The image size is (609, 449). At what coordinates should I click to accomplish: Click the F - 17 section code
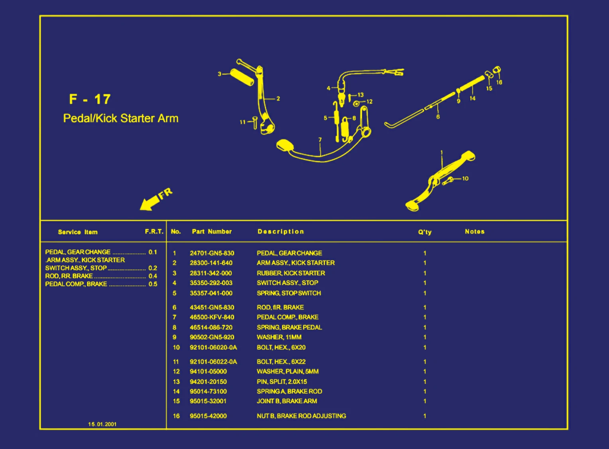coord(90,99)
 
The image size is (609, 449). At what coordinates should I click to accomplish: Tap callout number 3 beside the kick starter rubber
coord(219,74)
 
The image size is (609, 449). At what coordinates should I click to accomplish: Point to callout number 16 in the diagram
coord(499,82)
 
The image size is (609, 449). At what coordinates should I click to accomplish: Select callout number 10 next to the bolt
coord(465,178)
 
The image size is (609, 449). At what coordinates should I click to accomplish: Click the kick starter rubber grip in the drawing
coord(242,77)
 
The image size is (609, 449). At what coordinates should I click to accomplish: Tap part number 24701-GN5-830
coord(212,253)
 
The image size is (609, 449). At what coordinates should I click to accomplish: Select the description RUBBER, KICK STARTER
coord(291,273)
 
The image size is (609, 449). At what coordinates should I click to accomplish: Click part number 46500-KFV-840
coord(212,317)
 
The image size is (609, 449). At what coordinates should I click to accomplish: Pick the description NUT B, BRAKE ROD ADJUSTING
coord(301,416)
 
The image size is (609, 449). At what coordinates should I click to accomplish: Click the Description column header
coord(281,231)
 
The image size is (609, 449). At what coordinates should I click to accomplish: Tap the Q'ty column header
coord(424,232)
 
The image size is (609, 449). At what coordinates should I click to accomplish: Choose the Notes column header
coord(474,231)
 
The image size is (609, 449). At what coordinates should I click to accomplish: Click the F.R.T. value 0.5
coord(153,284)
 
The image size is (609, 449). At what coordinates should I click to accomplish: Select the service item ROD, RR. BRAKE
coord(69,276)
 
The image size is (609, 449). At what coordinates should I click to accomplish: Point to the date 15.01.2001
coord(102,424)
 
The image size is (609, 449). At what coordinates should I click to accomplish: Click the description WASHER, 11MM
coord(279,337)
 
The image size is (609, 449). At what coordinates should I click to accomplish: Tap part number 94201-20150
coord(208,382)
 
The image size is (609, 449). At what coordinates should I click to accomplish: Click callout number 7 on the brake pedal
coord(320,140)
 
